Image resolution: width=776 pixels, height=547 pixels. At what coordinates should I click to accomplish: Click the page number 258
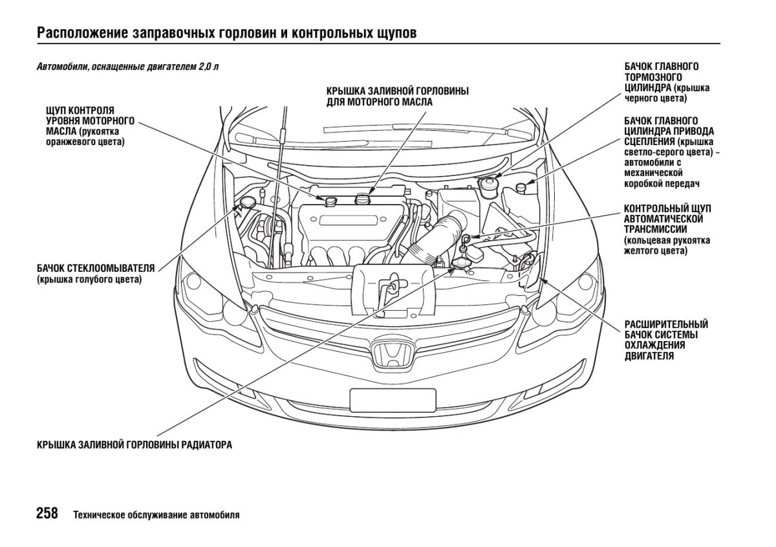tap(47, 515)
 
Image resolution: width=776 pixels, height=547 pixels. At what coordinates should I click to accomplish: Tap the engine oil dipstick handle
tap(332, 201)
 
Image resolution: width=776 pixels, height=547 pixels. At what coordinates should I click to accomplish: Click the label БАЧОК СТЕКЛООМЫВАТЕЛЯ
tap(96, 268)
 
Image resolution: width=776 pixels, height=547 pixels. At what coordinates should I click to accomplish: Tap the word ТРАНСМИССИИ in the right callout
tap(655, 229)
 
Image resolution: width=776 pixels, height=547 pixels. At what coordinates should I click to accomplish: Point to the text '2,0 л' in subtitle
tap(209, 67)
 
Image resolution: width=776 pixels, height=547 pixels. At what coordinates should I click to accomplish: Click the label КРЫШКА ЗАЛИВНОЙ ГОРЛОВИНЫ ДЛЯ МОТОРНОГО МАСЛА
tap(397, 96)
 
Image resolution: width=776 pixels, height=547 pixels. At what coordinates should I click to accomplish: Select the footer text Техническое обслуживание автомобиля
tap(156, 516)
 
